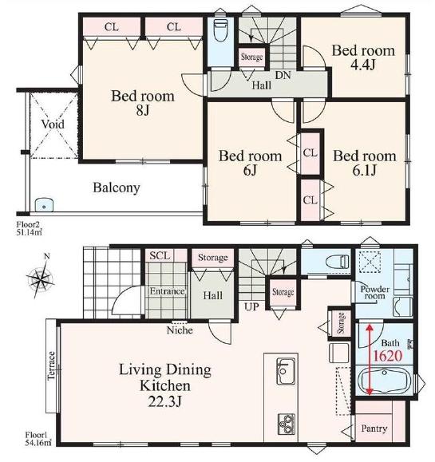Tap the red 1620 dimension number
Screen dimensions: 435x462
pos(388,356)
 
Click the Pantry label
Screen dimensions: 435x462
pos(374,428)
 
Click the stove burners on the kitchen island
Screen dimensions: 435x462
pos(287,424)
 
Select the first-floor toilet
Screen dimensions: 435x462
pos(338,262)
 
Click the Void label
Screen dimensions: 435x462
pos(53,124)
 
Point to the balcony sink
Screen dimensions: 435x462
pos(44,205)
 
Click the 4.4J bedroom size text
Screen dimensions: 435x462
pos(363,65)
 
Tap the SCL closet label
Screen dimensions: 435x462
pos(160,255)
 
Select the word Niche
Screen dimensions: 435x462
pos(180,330)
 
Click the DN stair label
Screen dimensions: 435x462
pos(283,75)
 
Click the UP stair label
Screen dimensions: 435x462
pos(251,307)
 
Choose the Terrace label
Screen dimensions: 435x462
pos(51,365)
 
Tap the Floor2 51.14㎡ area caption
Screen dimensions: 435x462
pos(29,229)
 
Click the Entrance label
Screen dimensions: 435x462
pos(167,291)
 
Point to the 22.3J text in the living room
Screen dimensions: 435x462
pos(164,401)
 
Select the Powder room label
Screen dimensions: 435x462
pos(374,292)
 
